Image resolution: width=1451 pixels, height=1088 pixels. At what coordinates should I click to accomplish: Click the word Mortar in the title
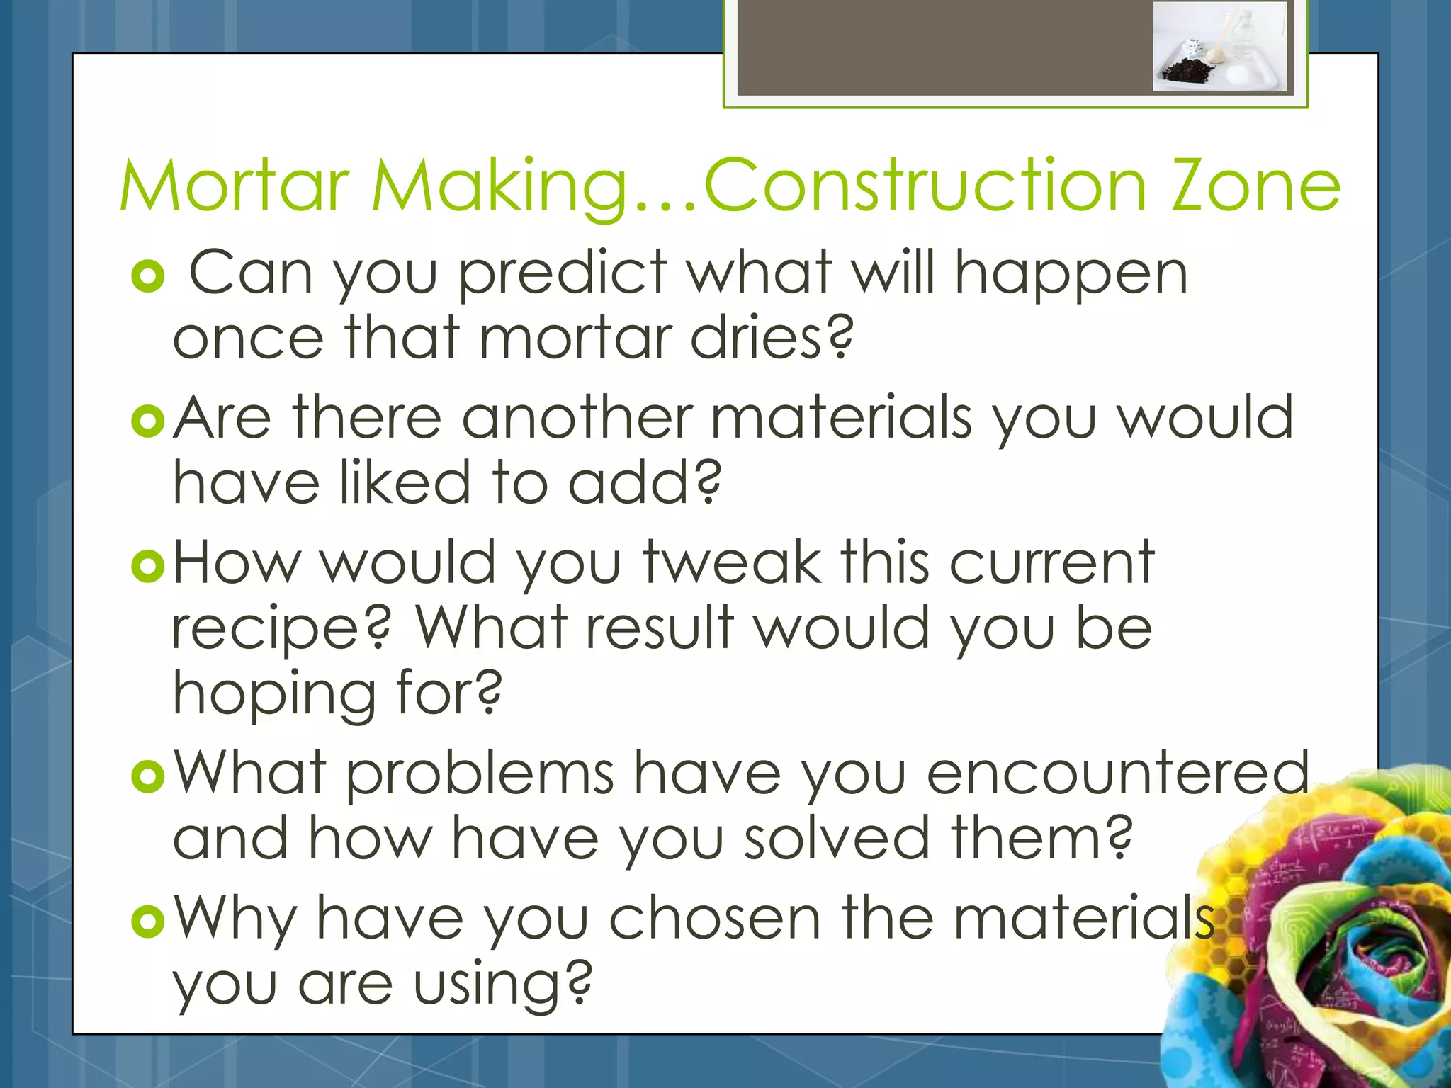click(x=235, y=186)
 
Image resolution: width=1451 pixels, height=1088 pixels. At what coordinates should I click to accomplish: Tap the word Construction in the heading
click(x=925, y=186)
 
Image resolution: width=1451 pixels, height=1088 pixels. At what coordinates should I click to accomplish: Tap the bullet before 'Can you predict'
click(x=148, y=277)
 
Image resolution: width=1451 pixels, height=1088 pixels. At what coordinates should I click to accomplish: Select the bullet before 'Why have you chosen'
click(x=148, y=922)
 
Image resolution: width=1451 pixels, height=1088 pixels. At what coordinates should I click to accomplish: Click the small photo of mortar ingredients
click(x=1219, y=47)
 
